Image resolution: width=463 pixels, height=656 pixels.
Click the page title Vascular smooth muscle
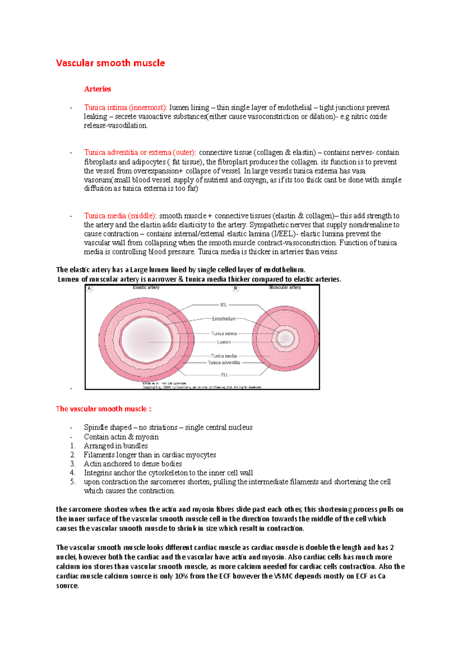pos(110,63)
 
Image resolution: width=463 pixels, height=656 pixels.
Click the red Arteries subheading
pos(97,89)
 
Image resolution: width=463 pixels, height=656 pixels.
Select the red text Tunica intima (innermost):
pos(125,107)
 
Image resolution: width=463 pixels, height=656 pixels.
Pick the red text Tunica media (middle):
pos(120,216)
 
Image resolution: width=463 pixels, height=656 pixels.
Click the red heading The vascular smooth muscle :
pos(103,409)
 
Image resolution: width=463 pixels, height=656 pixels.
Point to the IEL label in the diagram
pos(223,305)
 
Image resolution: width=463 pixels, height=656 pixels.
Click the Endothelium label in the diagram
pos(224,319)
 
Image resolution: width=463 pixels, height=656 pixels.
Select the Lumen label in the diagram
pos(224,342)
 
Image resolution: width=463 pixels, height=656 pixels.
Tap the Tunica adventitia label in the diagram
pos(224,363)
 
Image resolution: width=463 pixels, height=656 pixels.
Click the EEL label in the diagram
pos(225,375)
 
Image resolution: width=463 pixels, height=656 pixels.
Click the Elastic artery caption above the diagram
pos(146,287)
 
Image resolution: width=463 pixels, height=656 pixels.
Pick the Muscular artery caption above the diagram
pos(285,287)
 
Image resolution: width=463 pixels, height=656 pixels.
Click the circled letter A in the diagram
pos(90,288)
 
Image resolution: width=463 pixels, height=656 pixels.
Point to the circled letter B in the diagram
pos(236,288)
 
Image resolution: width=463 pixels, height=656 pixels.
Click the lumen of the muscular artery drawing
pos(286,338)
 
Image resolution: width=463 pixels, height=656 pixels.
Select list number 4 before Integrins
pos(73,473)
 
